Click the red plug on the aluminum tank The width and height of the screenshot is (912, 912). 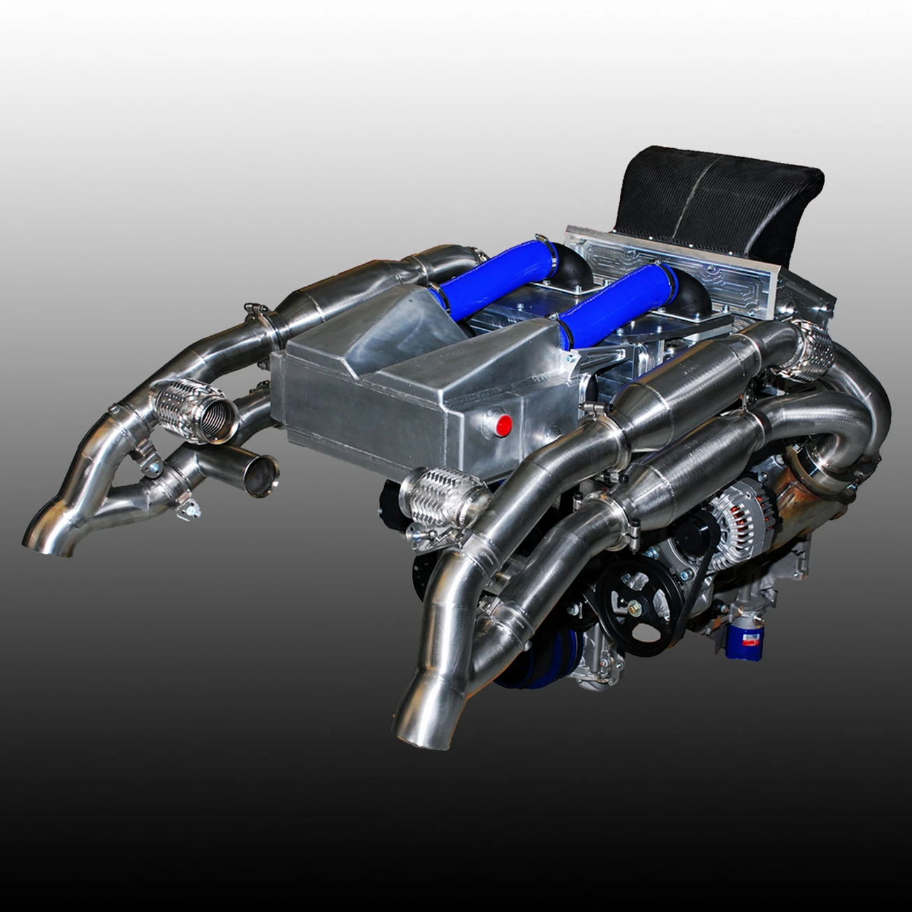503,423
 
